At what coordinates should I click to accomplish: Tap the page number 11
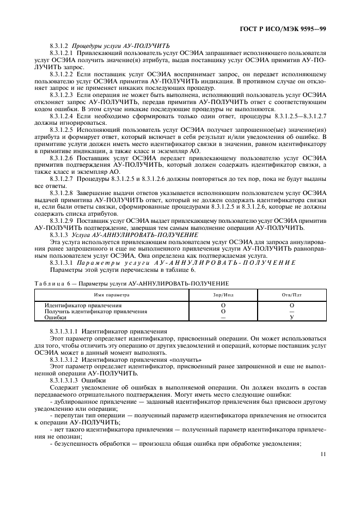coord(323,453)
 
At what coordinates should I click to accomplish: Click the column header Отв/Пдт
coord(292,294)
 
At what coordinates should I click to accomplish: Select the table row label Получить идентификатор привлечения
coord(96,311)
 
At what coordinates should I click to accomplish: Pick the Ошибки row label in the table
coord(56,317)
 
